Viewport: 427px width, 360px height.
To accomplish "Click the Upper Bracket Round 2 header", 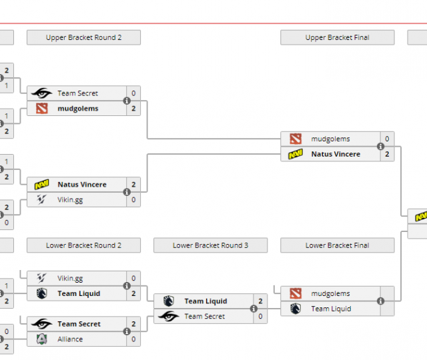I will (83, 37).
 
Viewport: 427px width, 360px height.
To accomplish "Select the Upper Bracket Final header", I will (337, 37).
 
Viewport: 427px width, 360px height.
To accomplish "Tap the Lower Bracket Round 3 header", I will (210, 245).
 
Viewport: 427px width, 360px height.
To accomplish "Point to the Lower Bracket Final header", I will (337, 245).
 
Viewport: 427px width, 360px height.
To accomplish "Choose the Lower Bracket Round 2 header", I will (83, 245).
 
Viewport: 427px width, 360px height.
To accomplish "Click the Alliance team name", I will (70, 339).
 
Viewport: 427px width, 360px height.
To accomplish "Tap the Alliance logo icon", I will (41, 339).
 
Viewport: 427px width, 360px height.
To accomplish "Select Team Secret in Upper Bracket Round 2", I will (77, 93).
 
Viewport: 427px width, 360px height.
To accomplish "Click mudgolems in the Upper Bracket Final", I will (330, 139).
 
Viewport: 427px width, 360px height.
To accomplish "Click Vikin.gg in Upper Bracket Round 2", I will (70, 199).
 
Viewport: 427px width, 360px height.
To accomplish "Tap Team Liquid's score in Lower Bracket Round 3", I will (260, 301).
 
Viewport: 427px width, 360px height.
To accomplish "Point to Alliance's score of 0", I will (133, 339).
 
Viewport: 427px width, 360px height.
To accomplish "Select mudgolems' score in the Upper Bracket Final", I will (387, 139).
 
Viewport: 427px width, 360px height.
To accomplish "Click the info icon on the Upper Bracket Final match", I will (380, 147).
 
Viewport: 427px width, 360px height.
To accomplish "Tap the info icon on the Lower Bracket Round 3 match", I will (254, 309).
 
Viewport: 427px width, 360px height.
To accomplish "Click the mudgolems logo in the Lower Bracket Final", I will (296, 293).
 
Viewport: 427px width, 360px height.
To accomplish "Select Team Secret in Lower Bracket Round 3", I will (204, 317).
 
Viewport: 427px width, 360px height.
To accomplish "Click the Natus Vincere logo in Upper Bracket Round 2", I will (41, 185).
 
